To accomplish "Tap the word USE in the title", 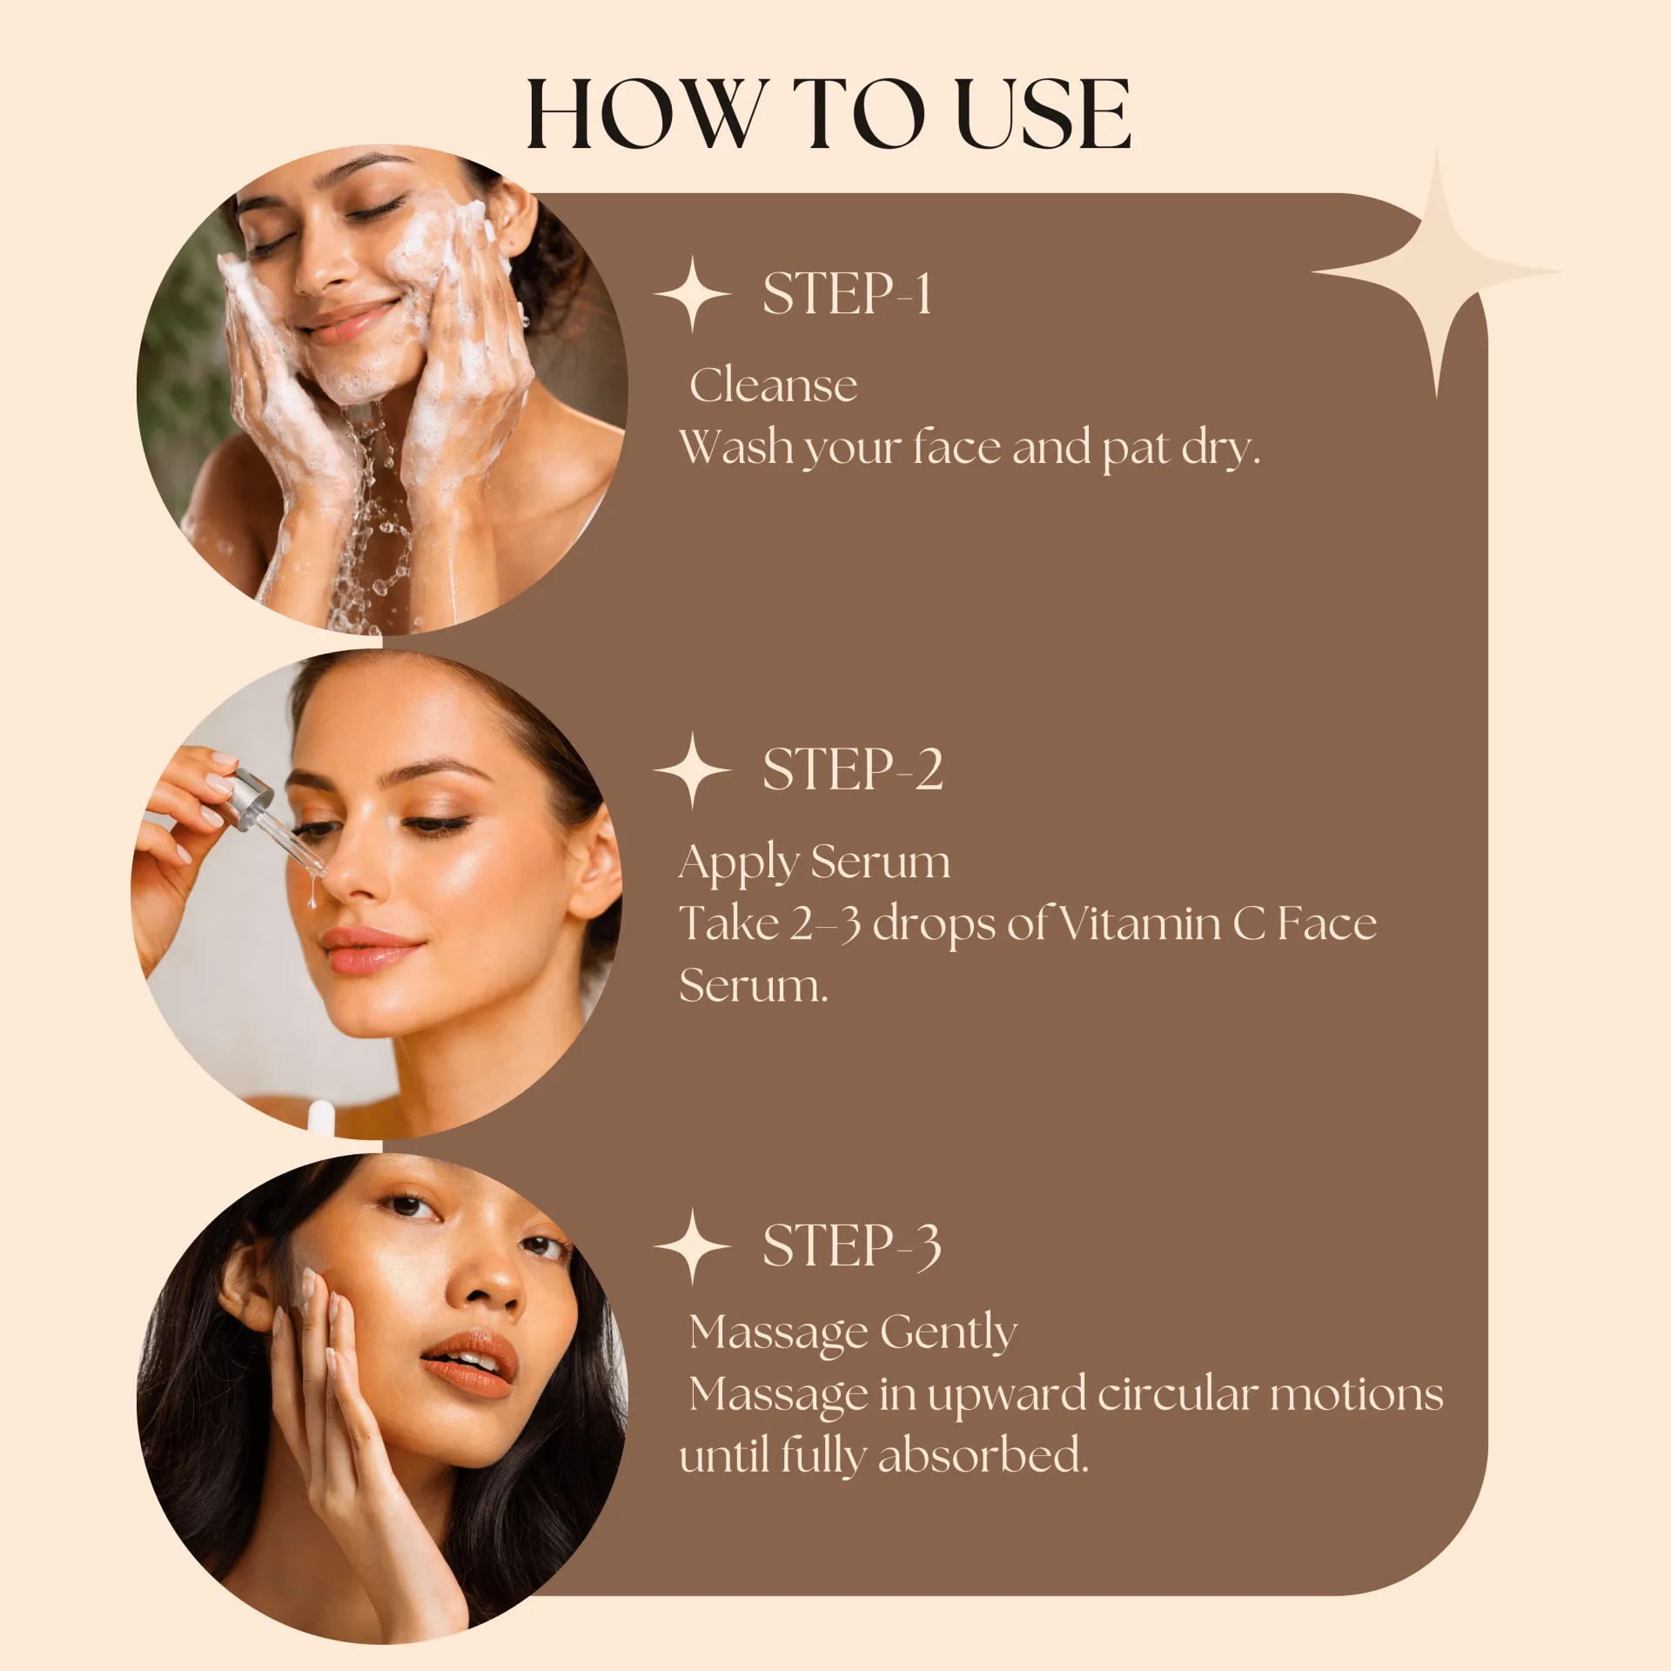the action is (x=1044, y=114).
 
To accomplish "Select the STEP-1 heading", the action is (x=847, y=293).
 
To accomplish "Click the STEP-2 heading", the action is (x=853, y=769).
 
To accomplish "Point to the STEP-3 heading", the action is (x=852, y=1245).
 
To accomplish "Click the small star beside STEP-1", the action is (x=692, y=294).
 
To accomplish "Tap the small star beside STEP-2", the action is (x=692, y=770).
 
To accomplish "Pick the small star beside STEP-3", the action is (x=692, y=1246).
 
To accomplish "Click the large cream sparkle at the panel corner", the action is (x=1437, y=272).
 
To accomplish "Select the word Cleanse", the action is (x=773, y=386).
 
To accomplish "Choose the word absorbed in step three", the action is (x=983, y=1455).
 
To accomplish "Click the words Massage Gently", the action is (x=853, y=1333).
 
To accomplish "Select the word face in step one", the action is (x=956, y=447).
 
